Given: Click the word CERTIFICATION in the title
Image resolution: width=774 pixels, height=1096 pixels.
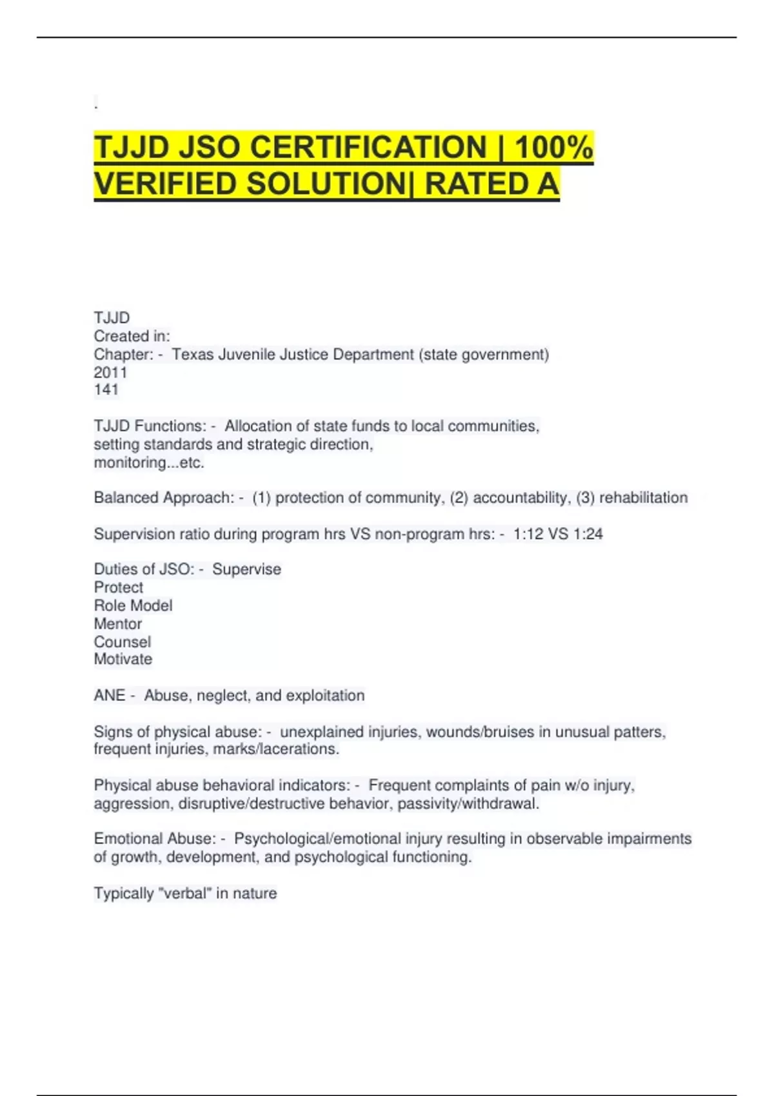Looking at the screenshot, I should point(368,147).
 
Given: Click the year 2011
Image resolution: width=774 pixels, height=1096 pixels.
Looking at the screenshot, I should point(110,372).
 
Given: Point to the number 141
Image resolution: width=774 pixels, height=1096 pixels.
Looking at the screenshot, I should point(106,389).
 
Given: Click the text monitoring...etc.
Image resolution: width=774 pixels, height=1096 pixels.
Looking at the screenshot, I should point(149,462).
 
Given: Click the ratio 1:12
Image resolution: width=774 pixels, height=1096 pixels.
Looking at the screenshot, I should point(528,534).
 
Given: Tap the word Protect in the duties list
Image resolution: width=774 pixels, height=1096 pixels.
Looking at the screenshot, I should point(119,587).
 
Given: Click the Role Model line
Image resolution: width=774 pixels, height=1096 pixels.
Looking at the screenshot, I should point(133,605).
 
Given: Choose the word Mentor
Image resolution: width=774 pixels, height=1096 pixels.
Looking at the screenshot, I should point(118,623).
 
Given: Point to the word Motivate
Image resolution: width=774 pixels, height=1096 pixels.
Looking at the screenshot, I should point(123,659).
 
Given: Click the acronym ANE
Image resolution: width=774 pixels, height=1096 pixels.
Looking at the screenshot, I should point(109,696).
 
